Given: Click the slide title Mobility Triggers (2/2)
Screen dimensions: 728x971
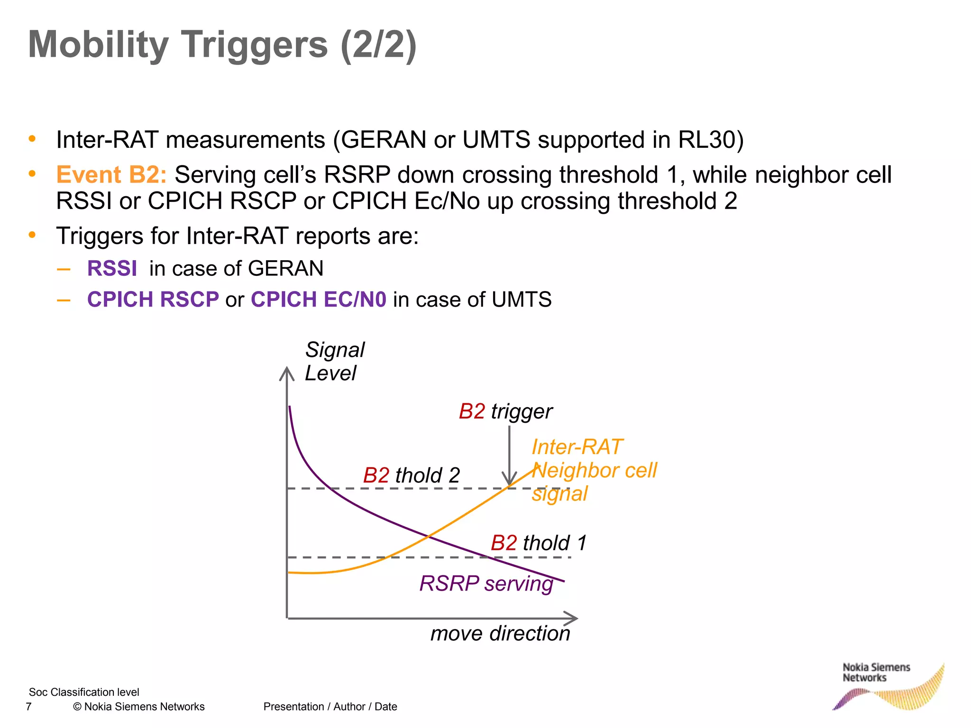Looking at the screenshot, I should pos(222,45).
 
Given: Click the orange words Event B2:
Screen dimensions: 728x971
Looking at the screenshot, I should pos(111,174).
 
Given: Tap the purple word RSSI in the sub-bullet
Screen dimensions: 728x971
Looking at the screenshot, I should pos(112,268).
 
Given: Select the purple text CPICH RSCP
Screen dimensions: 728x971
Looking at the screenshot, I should pos(153,300).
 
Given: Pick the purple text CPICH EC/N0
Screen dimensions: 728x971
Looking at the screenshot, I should pos(318,300).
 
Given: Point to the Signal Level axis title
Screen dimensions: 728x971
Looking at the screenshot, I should pos(334,361).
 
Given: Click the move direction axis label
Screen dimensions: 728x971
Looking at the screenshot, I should pos(500,633).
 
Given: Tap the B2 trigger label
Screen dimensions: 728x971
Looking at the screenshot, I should pos(505,411).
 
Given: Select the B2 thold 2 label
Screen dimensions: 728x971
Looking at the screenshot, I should pos(411,475).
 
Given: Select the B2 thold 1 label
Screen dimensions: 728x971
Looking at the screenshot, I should pos(539,543).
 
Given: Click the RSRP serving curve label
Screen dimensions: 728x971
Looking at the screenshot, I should pos(486,583).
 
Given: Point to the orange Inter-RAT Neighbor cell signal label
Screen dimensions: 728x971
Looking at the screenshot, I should pos(594,470).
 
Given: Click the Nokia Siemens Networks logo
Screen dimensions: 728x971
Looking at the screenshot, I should pos(887,685).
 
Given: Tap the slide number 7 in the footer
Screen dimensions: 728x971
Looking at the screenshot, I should pos(28,707).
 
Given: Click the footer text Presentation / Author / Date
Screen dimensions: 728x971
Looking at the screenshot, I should pos(330,707).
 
